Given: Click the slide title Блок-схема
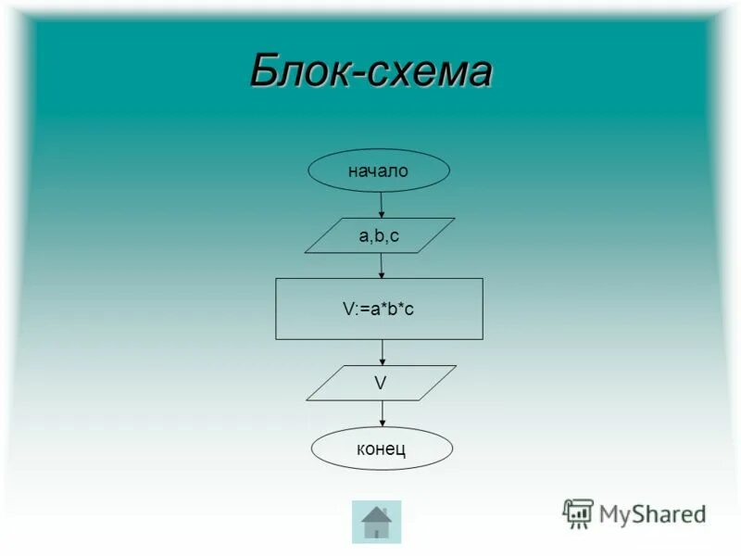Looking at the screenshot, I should [x=370, y=70].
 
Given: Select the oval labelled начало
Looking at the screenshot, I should [x=379, y=171].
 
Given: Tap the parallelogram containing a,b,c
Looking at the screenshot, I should [x=380, y=235].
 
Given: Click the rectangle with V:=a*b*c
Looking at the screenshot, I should [x=379, y=309].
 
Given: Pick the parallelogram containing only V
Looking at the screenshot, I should [x=381, y=383].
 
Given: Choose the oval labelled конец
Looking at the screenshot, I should [x=382, y=449].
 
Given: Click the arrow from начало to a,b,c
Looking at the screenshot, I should [x=381, y=205].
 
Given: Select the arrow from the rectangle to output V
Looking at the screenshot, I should [x=383, y=352].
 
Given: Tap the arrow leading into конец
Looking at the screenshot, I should [x=383, y=414].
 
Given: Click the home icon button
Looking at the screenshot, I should [x=376, y=522].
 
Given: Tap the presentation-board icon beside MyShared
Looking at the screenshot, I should [x=578, y=512].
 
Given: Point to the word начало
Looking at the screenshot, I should [x=378, y=171].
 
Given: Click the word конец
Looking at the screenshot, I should [x=382, y=450].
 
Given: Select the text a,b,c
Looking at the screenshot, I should [x=379, y=235].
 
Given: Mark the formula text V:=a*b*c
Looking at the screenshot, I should [x=378, y=309].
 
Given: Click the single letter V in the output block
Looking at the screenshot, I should [x=380, y=381].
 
